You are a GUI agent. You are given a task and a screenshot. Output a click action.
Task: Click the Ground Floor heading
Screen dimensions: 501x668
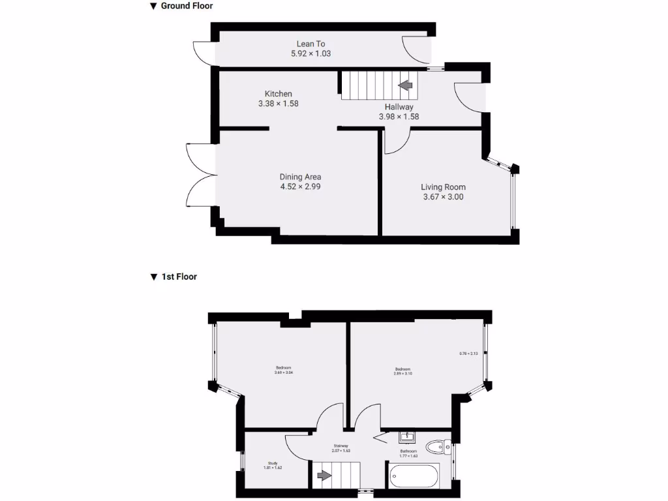[187, 6]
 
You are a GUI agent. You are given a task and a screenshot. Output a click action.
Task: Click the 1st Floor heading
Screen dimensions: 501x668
[179, 277]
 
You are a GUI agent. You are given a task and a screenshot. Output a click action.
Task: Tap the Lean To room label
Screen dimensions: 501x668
[311, 44]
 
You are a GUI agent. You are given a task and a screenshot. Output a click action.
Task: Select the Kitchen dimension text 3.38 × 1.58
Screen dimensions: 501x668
[278, 103]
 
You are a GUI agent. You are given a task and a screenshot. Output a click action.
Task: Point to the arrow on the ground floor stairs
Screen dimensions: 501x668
[405, 85]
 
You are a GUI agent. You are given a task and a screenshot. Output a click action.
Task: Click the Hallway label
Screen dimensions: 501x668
[399, 107]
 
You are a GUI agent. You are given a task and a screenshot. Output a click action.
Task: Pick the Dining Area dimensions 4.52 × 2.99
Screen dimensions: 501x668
[300, 186]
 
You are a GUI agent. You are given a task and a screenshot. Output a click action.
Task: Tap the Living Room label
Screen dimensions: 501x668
[443, 187]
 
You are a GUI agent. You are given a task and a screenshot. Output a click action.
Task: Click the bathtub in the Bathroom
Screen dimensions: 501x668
[416, 476]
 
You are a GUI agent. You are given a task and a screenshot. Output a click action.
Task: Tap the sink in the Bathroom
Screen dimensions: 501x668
[405, 435]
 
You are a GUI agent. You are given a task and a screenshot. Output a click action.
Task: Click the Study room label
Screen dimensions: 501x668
[273, 463]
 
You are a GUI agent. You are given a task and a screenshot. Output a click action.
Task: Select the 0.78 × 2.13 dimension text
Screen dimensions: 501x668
[469, 354]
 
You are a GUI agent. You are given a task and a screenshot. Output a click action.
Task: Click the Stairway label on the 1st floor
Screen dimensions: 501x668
[341, 446]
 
